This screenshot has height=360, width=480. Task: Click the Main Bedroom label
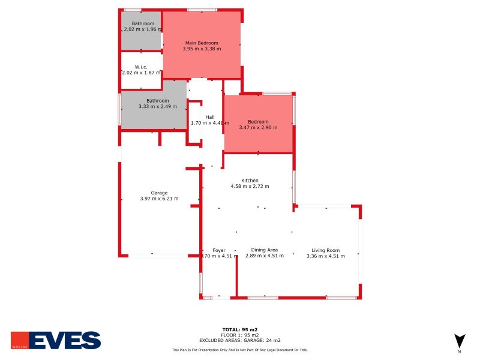(x=202, y=43)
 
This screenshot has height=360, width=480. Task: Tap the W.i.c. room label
(x=141, y=67)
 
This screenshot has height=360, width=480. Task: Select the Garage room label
(x=159, y=193)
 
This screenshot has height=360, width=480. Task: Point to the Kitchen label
(x=250, y=181)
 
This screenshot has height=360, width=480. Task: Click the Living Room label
(x=326, y=250)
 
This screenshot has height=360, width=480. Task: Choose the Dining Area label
(x=264, y=250)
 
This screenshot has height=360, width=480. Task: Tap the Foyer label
(x=218, y=250)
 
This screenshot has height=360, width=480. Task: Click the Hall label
(x=210, y=117)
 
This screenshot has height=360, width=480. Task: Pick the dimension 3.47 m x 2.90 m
(x=258, y=127)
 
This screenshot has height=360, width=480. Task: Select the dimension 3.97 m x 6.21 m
(x=159, y=199)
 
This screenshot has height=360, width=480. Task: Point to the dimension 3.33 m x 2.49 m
(x=158, y=107)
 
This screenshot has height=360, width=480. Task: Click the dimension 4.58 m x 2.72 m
(x=250, y=187)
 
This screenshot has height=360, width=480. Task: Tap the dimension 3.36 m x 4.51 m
(x=326, y=256)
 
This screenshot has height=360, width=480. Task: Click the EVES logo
(x=56, y=340)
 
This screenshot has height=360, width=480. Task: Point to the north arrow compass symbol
(x=459, y=340)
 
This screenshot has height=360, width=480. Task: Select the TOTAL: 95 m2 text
(x=240, y=329)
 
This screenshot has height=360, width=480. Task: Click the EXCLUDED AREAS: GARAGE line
(x=240, y=340)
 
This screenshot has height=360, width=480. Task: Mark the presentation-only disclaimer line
(x=240, y=349)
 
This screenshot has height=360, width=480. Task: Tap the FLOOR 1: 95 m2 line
(x=240, y=335)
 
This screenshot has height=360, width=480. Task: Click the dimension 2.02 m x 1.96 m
(x=143, y=29)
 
